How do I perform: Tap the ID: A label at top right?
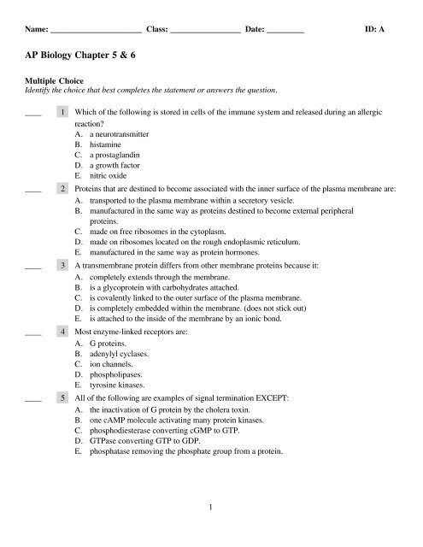click(375, 29)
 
